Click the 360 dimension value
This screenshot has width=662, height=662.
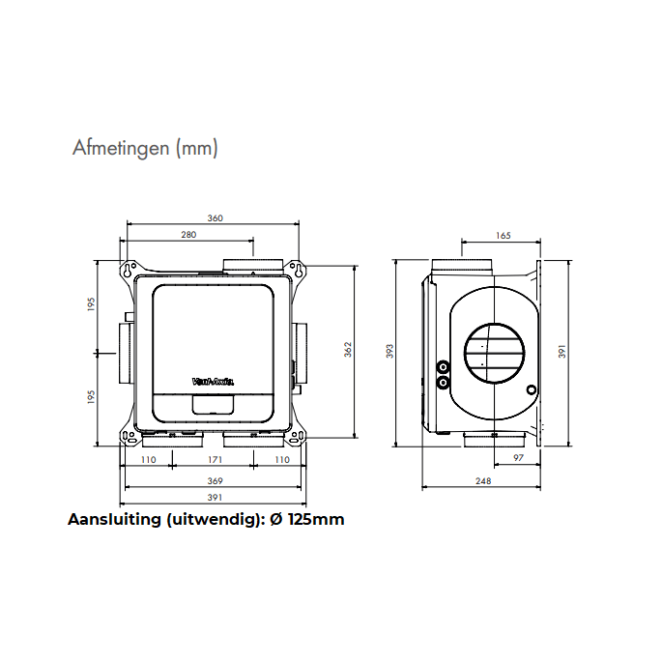(215, 218)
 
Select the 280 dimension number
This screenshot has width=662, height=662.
(188, 235)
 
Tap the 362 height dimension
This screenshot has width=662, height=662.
(348, 349)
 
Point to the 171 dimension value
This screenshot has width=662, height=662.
(215, 460)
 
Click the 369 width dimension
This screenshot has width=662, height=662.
(215, 480)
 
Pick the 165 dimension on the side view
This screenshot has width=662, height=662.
(503, 235)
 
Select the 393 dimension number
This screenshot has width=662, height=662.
(390, 349)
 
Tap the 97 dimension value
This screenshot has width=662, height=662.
(518, 460)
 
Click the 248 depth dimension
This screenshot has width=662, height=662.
(483, 480)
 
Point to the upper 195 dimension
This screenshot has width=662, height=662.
(92, 303)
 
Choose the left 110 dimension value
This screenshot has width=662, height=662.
(148, 460)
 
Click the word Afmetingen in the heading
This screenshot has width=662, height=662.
(121, 149)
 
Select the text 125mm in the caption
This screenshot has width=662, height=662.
(315, 519)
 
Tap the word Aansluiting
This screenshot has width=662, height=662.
(114, 519)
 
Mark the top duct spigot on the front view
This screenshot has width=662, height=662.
(253, 265)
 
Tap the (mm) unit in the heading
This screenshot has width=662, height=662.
(196, 149)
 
